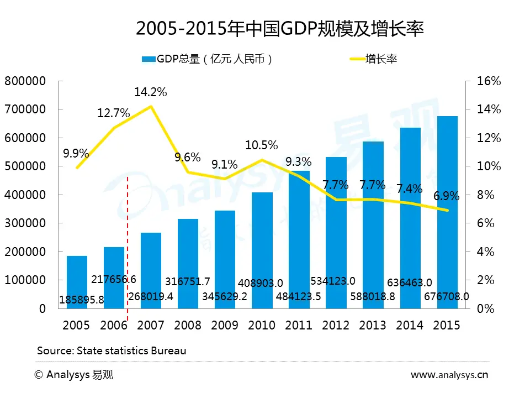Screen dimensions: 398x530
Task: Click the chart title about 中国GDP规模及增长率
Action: (279, 29)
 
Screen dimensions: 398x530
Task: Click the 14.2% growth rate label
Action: (151, 92)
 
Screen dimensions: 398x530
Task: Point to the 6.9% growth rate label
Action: (446, 196)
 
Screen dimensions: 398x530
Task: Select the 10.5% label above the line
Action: (262, 145)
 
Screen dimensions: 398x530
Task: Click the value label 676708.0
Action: (447, 296)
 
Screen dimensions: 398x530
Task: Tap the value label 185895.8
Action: (81, 301)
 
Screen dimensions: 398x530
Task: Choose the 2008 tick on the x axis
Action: (188, 325)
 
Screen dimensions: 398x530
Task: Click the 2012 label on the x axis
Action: (336, 325)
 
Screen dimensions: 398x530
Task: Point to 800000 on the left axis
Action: (25, 81)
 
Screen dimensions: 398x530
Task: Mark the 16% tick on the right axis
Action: (489, 81)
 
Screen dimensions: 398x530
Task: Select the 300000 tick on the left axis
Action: (25, 223)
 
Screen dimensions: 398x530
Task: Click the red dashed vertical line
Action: (128, 249)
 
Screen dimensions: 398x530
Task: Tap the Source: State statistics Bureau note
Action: (112, 350)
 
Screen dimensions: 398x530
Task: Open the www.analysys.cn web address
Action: (449, 375)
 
